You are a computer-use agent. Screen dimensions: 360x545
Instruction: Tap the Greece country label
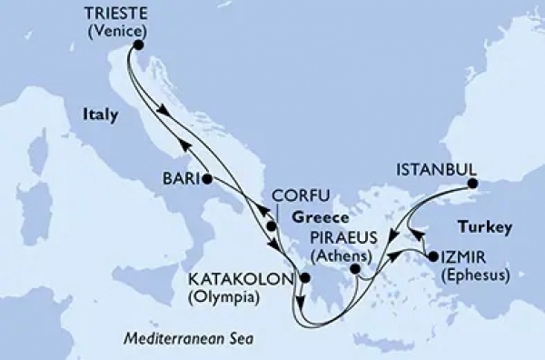(322, 218)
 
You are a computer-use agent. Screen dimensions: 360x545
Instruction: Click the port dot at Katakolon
(304, 279)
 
